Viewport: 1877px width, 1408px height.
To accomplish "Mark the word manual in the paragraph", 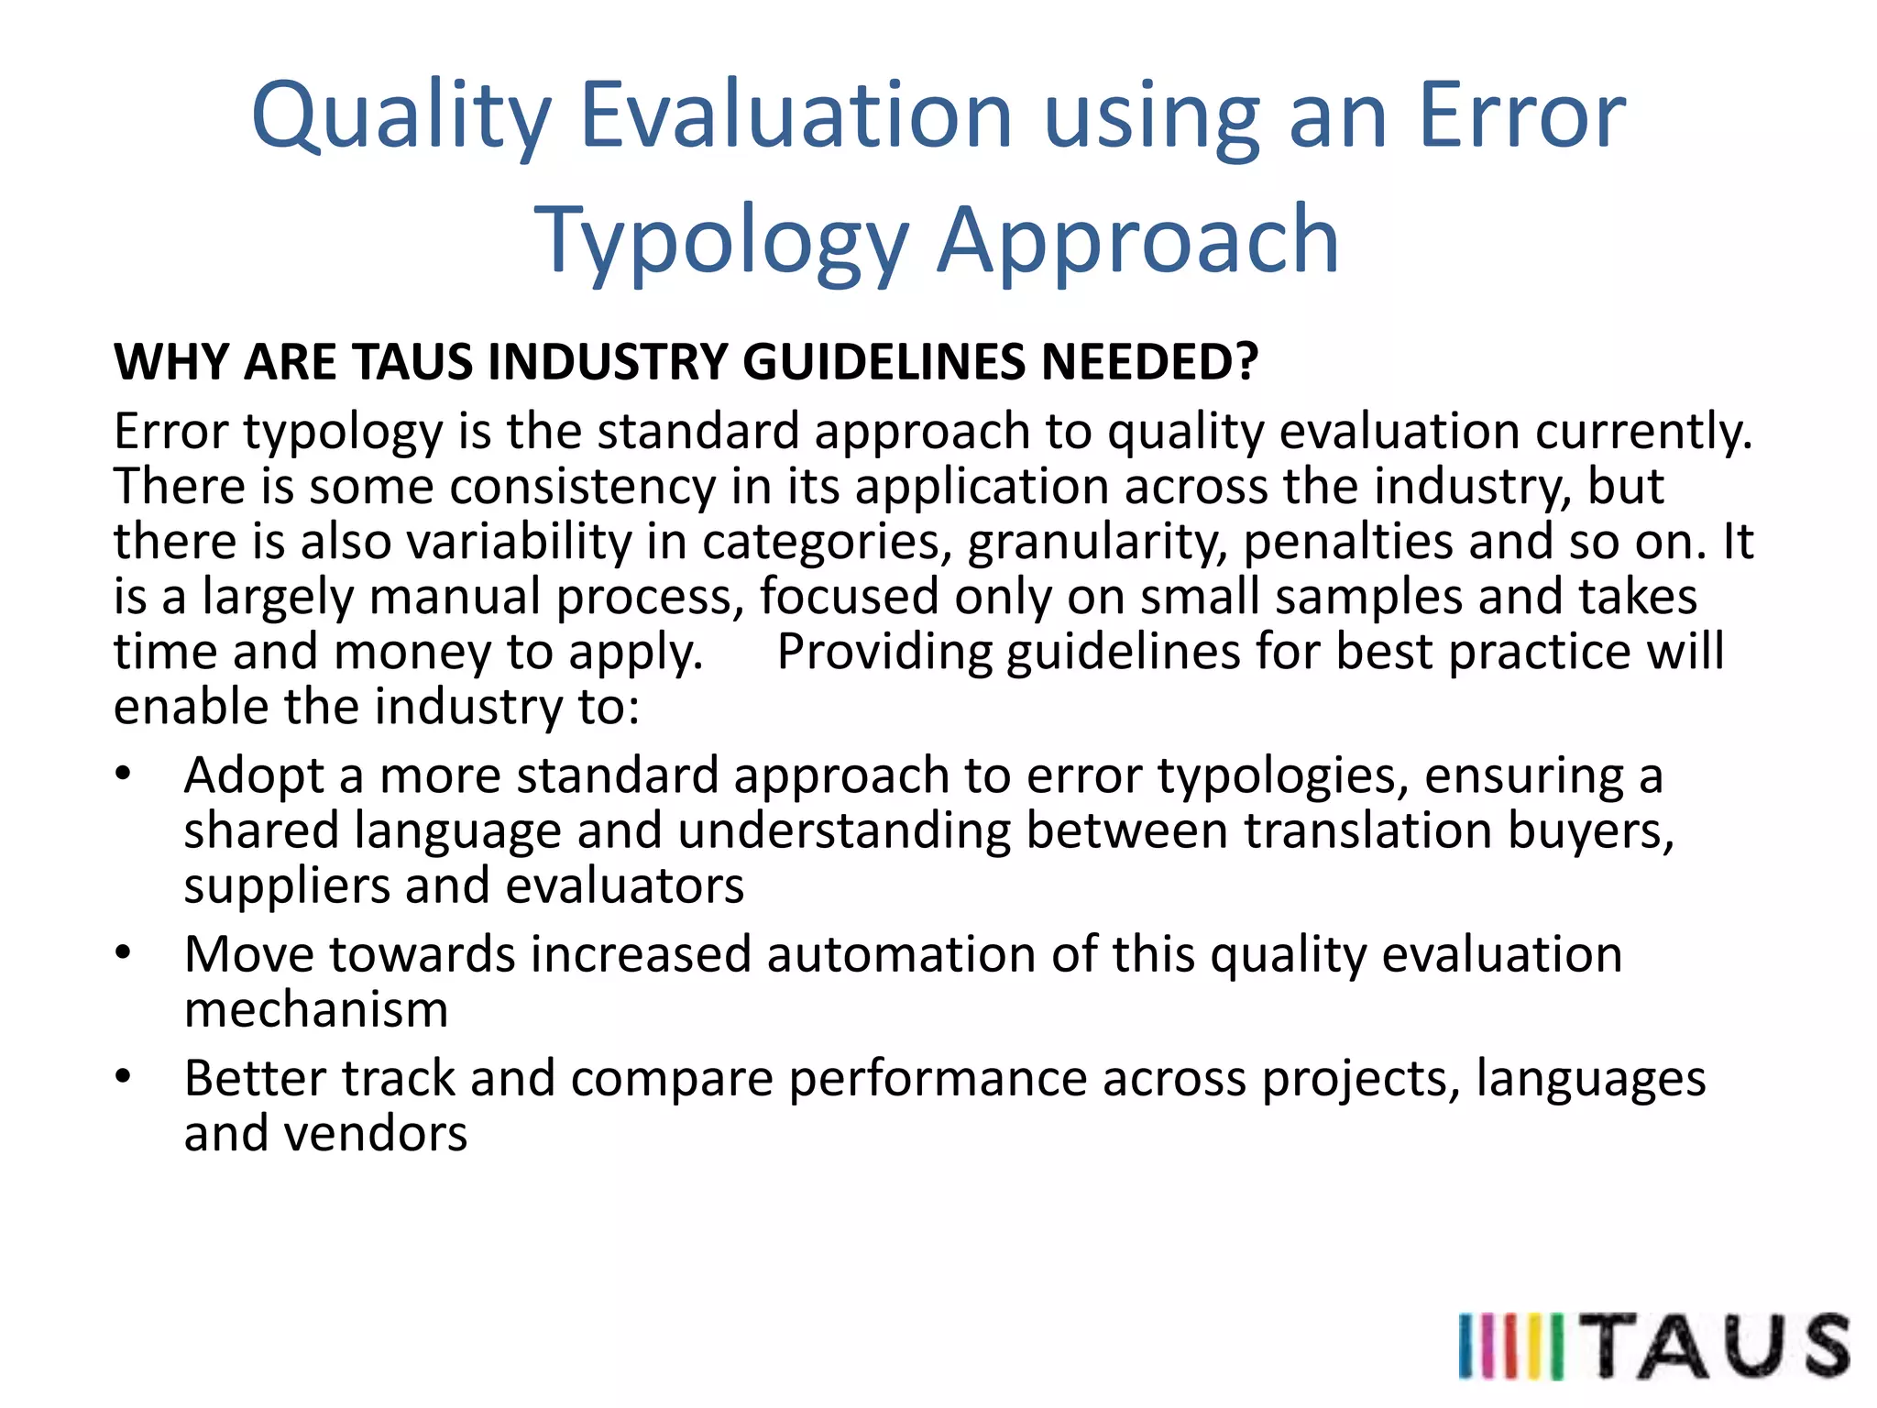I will [455, 596].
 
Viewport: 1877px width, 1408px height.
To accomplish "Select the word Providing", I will [884, 652].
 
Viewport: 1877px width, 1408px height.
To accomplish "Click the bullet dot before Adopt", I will [124, 775].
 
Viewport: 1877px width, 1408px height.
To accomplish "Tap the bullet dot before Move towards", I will [124, 953].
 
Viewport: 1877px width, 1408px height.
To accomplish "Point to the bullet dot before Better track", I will [124, 1077].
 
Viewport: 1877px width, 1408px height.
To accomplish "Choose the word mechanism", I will [316, 1009].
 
